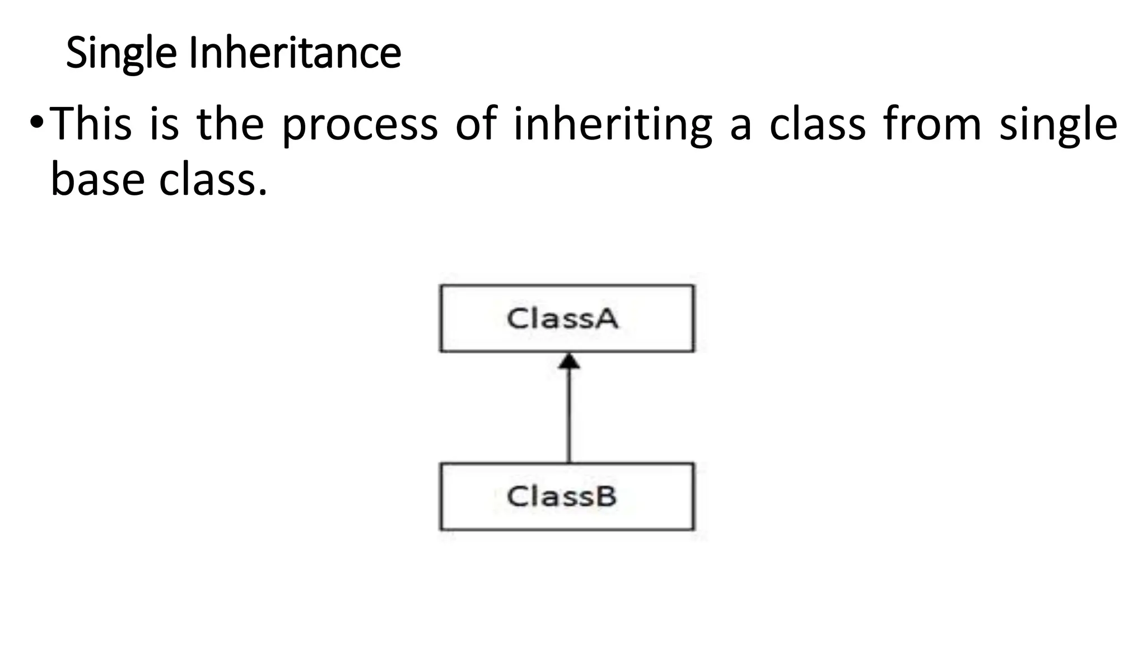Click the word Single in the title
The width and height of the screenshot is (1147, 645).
click(x=122, y=53)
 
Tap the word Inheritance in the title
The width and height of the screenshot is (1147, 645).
click(x=295, y=53)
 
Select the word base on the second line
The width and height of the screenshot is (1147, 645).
click(x=98, y=180)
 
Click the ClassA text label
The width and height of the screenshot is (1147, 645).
click(x=562, y=319)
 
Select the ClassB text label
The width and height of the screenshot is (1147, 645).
click(x=561, y=497)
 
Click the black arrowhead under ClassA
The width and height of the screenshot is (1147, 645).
click(x=569, y=361)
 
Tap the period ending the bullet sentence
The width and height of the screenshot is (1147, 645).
click(x=262, y=192)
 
